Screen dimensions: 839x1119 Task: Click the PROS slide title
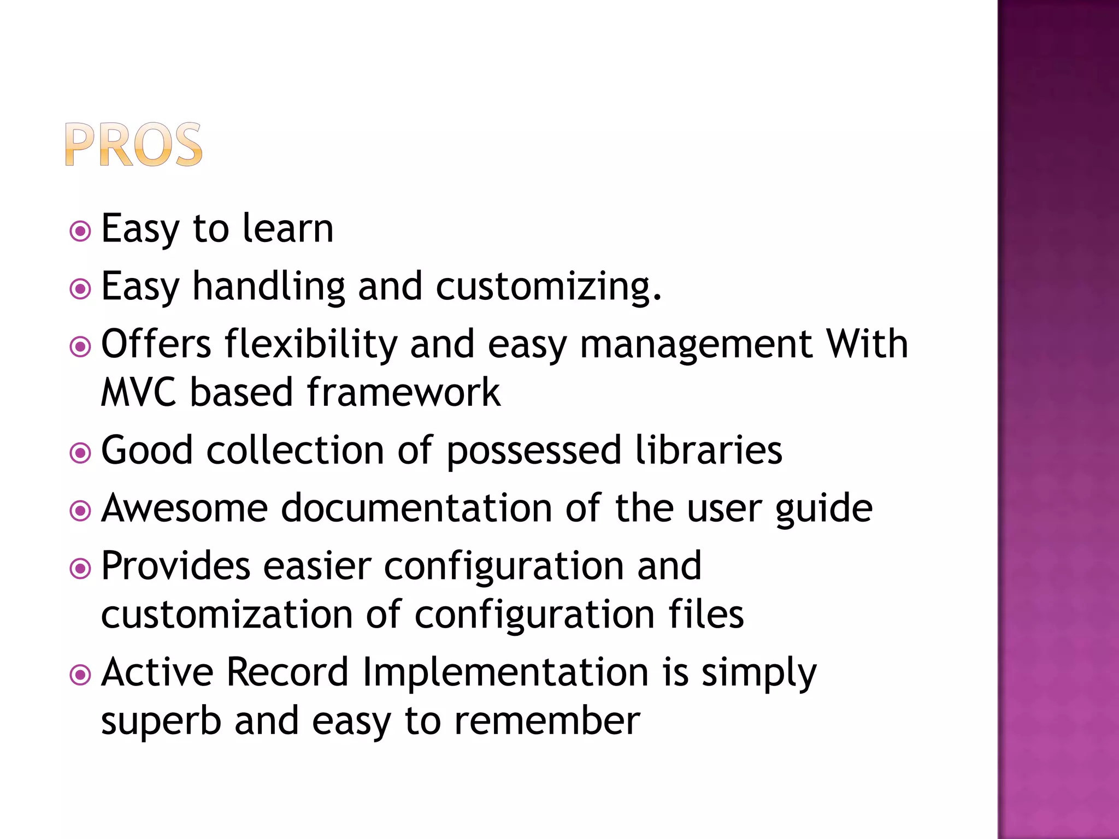[134, 145]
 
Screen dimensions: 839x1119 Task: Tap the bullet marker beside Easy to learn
[80, 231]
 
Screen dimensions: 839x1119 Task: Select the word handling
[269, 286]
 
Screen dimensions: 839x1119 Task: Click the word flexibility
[311, 345]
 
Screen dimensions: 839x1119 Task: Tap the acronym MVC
[139, 392]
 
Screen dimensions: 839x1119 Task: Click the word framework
[403, 392]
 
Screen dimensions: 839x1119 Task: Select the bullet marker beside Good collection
[80, 453]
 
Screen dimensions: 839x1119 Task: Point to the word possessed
[534, 451]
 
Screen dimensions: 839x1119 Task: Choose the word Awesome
[185, 508]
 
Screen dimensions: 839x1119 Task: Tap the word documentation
[416, 508]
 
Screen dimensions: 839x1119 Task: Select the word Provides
[176, 566]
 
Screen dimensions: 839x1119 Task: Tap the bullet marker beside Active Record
[80, 675]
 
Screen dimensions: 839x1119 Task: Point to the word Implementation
[505, 672]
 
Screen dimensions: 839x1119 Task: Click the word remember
[547, 721]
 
